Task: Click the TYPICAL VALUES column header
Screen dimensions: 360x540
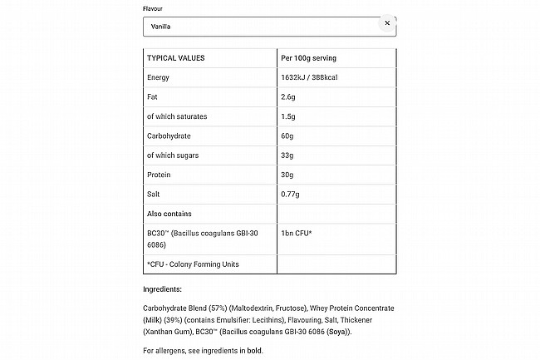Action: coord(175,58)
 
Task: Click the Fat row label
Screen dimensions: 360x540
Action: coord(153,97)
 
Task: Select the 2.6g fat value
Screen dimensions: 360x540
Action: coord(290,97)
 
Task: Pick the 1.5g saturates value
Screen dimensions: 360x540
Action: coord(290,116)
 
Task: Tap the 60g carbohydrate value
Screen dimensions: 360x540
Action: coord(288,136)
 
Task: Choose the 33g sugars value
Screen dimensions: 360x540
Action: coord(288,155)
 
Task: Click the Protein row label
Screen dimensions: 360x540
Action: coord(160,175)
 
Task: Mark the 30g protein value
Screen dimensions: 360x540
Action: coord(288,175)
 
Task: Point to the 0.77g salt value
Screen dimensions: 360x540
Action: coord(292,195)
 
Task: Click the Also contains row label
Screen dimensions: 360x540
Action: coord(169,214)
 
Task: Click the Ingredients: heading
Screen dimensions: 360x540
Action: coord(163,290)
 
